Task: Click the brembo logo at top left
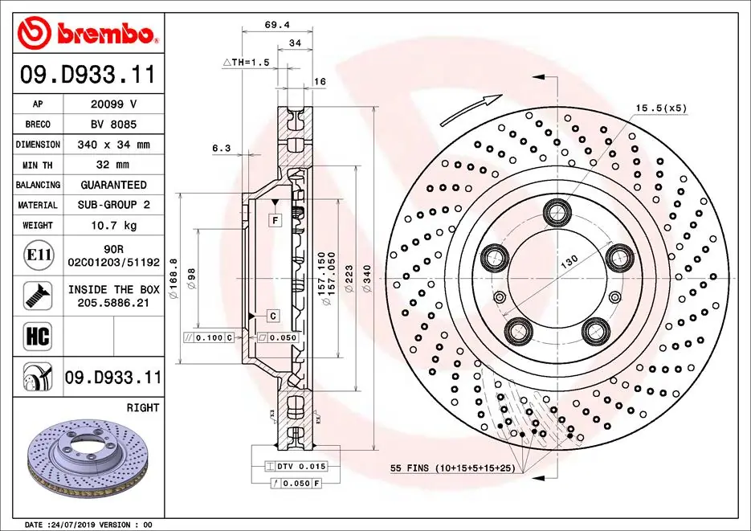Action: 87,33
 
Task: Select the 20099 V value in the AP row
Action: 113,104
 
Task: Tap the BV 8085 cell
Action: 113,125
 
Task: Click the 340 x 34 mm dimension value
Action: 113,145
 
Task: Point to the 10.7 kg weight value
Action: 113,226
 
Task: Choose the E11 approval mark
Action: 39,255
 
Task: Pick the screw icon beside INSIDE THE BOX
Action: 39,296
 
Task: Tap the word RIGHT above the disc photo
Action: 143,408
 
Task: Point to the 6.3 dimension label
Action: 222,148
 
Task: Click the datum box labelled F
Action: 275,220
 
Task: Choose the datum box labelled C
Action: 273,316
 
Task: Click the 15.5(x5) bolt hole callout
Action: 661,107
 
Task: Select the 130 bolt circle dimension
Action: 568,262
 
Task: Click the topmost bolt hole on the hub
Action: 555,213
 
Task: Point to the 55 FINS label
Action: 451,468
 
